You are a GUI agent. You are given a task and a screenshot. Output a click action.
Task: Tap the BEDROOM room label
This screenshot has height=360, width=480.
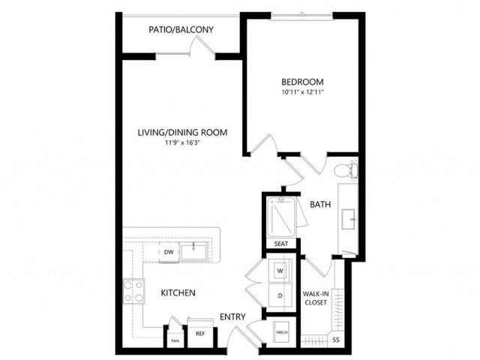tap(302, 81)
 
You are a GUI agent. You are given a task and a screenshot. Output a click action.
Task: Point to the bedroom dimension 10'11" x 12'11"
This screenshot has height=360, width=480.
tap(302, 92)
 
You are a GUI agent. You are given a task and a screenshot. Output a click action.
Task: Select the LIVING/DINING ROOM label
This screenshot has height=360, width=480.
tap(182, 133)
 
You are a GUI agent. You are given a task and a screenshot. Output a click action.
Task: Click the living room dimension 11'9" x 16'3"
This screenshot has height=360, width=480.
tap(182, 143)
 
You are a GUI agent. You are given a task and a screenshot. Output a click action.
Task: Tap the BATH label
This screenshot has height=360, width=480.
tap(320, 203)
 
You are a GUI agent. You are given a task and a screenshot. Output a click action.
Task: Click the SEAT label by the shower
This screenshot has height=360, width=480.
tap(281, 244)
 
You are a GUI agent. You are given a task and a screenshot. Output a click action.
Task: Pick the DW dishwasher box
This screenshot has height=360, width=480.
tap(169, 253)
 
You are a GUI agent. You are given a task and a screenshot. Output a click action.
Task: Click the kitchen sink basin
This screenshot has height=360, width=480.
tap(197, 250)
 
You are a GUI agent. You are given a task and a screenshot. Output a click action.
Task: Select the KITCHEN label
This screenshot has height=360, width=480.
tap(178, 292)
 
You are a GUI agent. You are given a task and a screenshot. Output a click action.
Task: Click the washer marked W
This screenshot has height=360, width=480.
tap(280, 270)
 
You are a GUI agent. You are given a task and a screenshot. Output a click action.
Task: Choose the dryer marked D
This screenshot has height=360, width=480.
tap(280, 295)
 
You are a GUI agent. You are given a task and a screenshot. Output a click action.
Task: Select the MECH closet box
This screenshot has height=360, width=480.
tap(282, 331)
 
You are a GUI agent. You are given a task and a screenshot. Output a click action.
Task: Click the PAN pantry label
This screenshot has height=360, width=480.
tap(174, 340)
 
